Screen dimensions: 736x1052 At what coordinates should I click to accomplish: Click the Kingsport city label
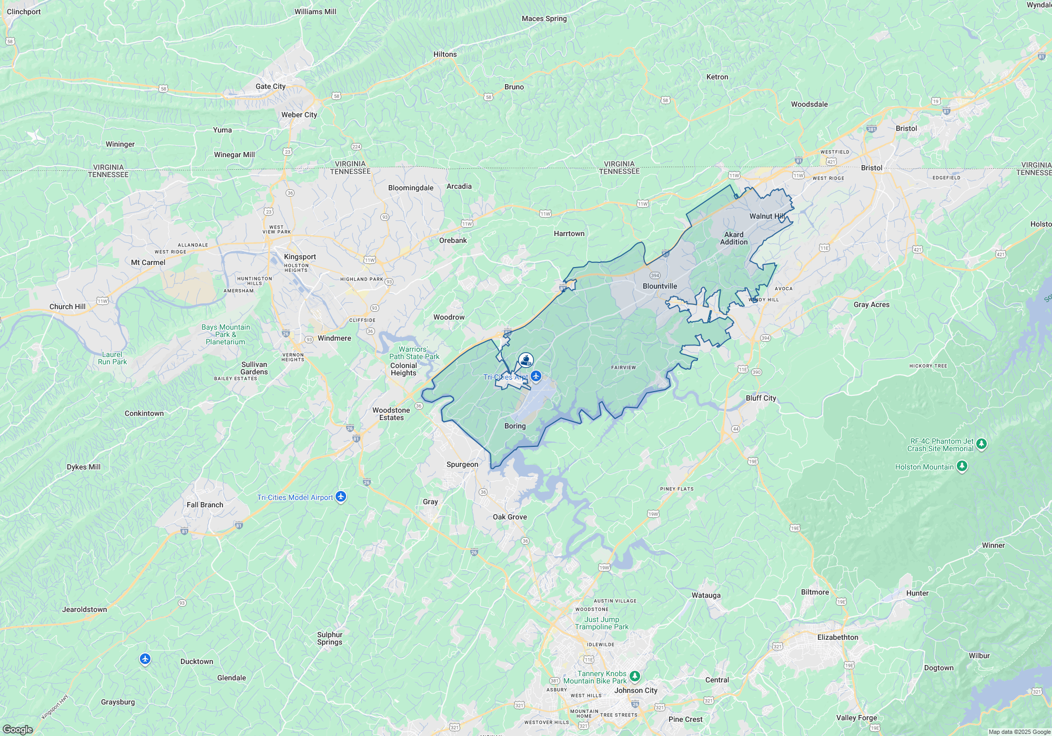coord(300,257)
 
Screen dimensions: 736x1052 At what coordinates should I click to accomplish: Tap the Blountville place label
coord(660,286)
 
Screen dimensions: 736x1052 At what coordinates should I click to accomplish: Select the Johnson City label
coord(635,690)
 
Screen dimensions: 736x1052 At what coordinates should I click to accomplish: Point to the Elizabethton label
coord(837,637)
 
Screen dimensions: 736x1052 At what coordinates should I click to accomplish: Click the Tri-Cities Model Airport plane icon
coord(341,496)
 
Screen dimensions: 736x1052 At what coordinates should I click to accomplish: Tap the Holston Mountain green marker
coord(962,466)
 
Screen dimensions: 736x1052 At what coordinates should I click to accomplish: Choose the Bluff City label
coord(761,398)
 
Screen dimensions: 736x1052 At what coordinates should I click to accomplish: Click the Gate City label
coord(270,86)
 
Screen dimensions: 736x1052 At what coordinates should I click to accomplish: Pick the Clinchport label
coord(24,12)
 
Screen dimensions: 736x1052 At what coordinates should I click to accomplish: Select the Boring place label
coord(515,426)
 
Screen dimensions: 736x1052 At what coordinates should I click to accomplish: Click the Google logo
coord(17,730)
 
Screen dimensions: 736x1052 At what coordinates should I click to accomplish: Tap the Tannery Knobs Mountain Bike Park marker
coord(635,676)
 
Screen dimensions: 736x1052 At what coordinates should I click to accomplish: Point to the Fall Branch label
coord(205,505)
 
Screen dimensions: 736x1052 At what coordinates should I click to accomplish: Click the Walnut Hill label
coord(767,216)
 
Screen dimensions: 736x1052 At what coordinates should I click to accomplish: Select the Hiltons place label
coord(445,54)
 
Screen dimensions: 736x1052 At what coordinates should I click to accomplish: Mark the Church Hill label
coord(67,306)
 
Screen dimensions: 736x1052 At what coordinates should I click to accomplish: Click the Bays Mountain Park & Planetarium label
coord(226,334)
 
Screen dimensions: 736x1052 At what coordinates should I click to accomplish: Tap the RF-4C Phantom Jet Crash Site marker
coord(981,444)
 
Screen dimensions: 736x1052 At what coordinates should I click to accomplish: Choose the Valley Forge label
coord(856,718)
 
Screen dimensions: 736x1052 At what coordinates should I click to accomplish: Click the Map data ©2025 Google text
coord(1019,732)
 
